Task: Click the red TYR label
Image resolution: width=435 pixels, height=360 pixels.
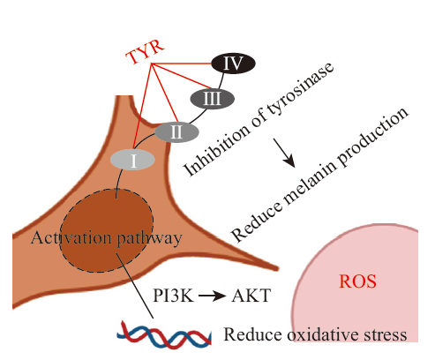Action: pos(145,51)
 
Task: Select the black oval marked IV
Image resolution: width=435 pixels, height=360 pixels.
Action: pos(233,63)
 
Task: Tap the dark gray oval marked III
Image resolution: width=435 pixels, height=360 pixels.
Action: pos(212,98)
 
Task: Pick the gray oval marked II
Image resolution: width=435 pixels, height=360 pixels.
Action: pos(176,132)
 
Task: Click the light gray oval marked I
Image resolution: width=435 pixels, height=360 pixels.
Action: pos(132,160)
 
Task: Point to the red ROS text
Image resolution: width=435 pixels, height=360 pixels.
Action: pos(357,281)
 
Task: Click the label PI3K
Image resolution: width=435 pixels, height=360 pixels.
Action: pos(174,296)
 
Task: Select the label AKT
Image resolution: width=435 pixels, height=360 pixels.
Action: pos(251,296)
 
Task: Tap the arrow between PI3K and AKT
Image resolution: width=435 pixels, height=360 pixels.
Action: pos(213,296)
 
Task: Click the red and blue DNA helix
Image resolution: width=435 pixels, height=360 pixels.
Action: pos(164,336)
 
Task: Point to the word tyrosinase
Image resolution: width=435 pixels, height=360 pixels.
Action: pos(300,92)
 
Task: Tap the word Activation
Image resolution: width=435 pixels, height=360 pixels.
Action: pos(71,237)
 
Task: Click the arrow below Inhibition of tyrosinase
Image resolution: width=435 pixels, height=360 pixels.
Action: pos(284,153)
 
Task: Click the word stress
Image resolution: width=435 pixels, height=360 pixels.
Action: pos(387,335)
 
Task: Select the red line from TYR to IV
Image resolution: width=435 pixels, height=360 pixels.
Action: pos(182,64)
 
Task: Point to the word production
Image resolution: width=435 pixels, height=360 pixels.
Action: pos(372,136)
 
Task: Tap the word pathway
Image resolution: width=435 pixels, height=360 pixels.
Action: pos(149,239)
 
